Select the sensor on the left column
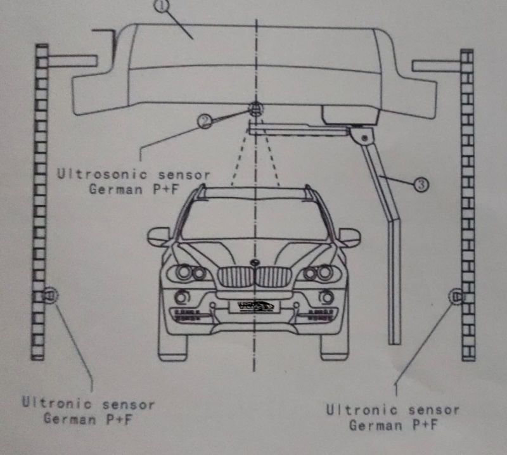point(49,294)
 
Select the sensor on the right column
point(456,295)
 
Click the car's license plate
point(256,306)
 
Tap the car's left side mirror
point(158,237)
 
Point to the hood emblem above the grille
point(255,262)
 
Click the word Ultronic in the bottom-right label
point(356,410)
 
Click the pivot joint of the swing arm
point(363,136)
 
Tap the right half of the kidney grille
point(274,276)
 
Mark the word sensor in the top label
point(178,174)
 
